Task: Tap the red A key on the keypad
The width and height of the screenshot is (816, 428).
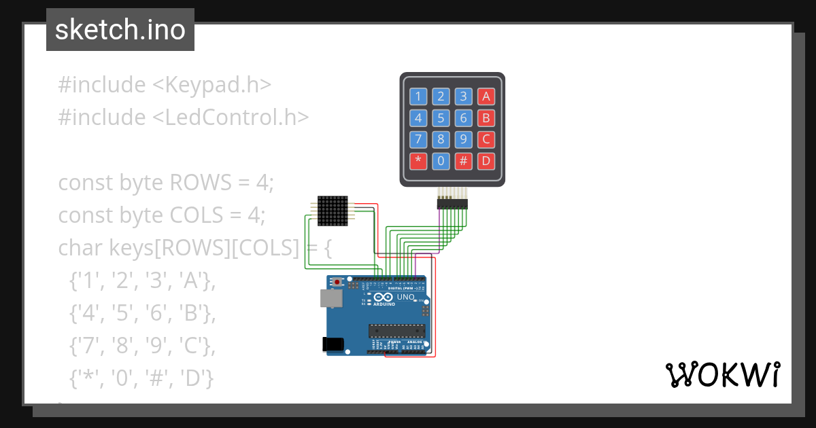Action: [486, 96]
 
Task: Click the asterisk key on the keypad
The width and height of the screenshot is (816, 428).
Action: [418, 162]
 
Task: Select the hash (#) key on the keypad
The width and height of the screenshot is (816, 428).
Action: [463, 162]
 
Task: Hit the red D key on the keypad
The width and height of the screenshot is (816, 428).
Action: [486, 162]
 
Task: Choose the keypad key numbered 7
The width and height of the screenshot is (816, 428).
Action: [418, 140]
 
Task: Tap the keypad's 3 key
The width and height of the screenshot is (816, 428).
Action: [463, 96]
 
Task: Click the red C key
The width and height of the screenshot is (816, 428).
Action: [486, 140]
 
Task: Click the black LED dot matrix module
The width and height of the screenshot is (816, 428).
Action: [333, 211]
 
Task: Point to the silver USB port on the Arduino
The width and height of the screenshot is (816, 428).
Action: [331, 298]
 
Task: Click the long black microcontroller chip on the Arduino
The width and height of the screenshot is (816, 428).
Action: [397, 331]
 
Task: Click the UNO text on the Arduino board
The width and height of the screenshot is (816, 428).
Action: [406, 297]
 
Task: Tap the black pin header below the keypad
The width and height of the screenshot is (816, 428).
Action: [452, 203]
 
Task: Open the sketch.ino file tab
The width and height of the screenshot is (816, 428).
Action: [120, 30]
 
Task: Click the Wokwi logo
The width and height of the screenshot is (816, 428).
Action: [722, 374]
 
